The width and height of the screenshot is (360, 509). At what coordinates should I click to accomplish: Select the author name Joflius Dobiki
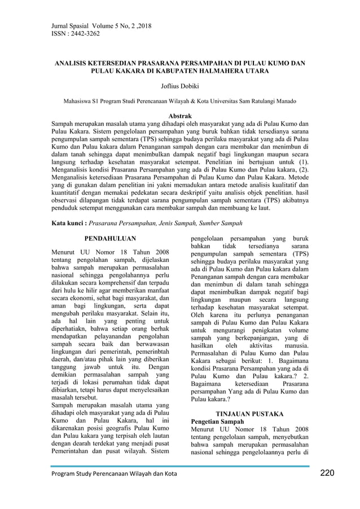point(179,86)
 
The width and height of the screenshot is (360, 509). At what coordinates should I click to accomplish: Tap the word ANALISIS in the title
point(74,64)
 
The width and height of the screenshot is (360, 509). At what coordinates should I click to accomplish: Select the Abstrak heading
point(179,116)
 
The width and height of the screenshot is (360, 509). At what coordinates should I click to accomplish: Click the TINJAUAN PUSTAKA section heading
point(251,414)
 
